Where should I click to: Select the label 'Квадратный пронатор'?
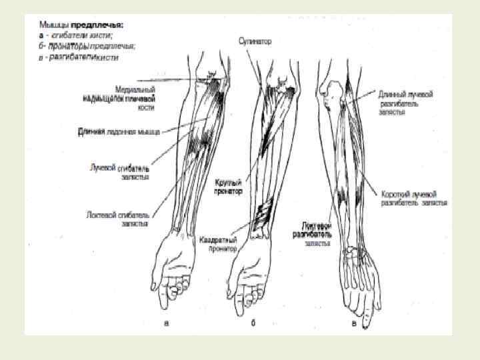pyautogui.click(x=218, y=244)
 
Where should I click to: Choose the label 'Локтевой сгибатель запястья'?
pyautogui.click(x=117, y=220)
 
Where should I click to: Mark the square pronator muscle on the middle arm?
pyautogui.click(x=261, y=217)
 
